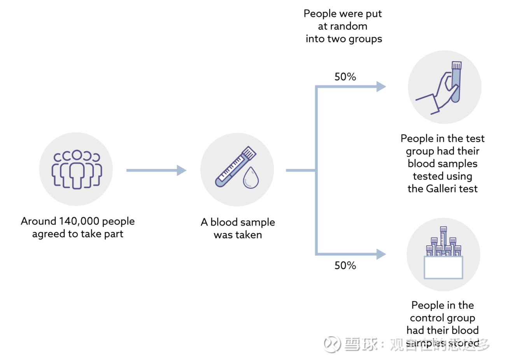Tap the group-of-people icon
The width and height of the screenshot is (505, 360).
click(x=76, y=170)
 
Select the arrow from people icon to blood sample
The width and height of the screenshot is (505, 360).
click(x=156, y=170)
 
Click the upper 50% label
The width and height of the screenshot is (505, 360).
click(x=345, y=77)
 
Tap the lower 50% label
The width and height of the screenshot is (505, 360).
click(x=345, y=266)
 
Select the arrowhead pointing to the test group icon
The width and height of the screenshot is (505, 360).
click(x=381, y=87)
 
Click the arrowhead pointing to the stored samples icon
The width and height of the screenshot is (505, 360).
click(x=381, y=254)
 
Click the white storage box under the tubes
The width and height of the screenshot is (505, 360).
click(x=443, y=267)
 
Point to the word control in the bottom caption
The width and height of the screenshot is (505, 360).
click(x=426, y=318)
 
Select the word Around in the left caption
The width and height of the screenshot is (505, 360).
click(x=39, y=221)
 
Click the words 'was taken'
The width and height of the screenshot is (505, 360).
click(x=238, y=235)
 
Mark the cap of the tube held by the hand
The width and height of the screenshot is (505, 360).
click(x=456, y=65)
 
